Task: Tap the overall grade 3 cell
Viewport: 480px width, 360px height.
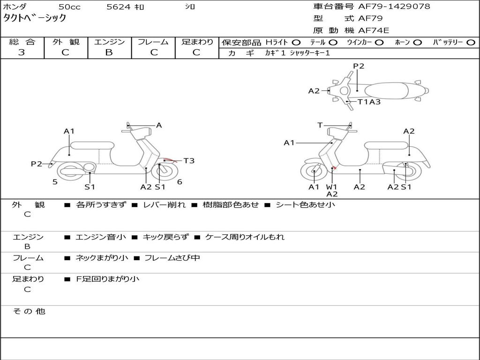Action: click(x=22, y=52)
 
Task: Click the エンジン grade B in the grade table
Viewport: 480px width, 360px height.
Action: click(x=109, y=52)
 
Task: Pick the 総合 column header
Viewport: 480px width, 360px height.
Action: click(x=22, y=42)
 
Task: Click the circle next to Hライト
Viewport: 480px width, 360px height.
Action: click(x=296, y=43)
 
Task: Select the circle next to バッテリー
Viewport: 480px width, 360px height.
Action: click(x=471, y=43)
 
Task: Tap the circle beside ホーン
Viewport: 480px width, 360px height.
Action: click(x=417, y=43)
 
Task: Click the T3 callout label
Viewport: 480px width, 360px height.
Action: click(x=188, y=161)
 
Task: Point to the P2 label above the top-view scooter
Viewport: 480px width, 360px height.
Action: click(x=359, y=66)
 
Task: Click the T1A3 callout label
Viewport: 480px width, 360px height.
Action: click(x=369, y=102)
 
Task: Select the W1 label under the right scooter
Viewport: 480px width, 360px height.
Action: click(x=332, y=187)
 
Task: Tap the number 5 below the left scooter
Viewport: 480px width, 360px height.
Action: click(x=55, y=182)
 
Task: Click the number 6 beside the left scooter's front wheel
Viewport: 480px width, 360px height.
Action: click(x=180, y=182)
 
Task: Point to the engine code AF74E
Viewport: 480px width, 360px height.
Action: click(x=374, y=30)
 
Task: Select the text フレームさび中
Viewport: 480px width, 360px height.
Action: click(x=172, y=258)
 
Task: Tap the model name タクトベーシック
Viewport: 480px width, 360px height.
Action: click(x=35, y=18)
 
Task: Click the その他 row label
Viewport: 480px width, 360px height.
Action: click(x=29, y=311)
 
